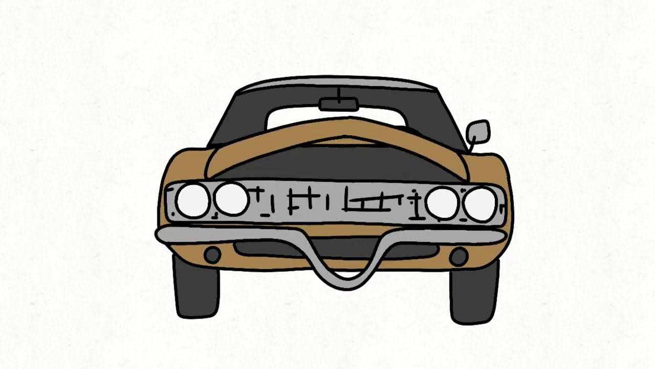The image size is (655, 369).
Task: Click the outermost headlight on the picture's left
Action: (x=192, y=200)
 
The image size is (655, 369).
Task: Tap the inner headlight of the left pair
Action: (x=231, y=198)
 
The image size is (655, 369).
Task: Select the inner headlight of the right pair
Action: (x=442, y=202)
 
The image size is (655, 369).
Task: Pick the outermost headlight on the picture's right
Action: (x=479, y=204)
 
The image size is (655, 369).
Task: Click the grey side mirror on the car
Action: (x=478, y=131)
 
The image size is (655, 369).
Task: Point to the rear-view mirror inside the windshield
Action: (x=338, y=105)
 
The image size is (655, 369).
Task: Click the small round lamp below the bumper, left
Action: (x=212, y=255)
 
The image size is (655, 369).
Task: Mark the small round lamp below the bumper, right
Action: (x=458, y=256)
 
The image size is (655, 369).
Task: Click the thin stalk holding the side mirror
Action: (x=471, y=146)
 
